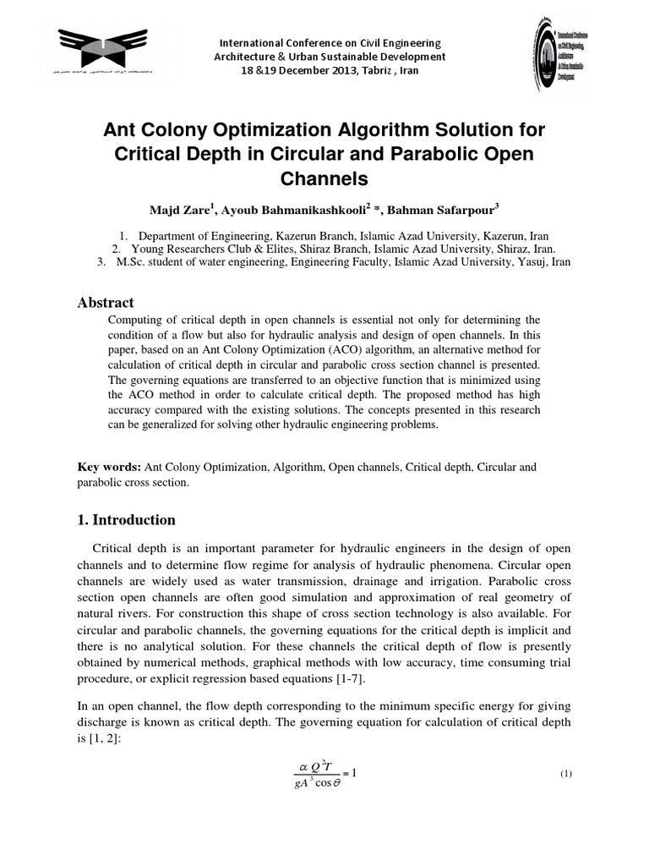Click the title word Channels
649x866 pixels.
(324, 179)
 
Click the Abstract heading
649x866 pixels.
(106, 302)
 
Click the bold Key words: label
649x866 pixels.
(110, 467)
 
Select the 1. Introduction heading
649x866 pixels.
(127, 520)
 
